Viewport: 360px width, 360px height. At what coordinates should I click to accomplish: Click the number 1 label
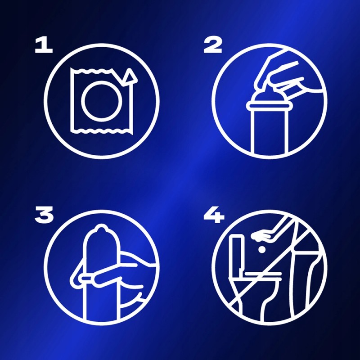click(44, 45)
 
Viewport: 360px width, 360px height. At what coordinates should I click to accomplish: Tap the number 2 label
click(213, 45)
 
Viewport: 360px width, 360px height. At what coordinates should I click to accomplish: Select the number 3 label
click(44, 214)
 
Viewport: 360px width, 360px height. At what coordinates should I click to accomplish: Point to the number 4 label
click(214, 215)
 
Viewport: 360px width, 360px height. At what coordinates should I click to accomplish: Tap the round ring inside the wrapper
click(101, 101)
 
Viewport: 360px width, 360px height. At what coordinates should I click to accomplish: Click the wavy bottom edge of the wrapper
click(101, 131)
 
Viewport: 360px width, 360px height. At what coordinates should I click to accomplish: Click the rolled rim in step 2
click(267, 106)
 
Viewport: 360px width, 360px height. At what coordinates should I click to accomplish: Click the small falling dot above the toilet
click(262, 250)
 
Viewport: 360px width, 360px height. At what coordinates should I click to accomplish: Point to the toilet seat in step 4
click(262, 274)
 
